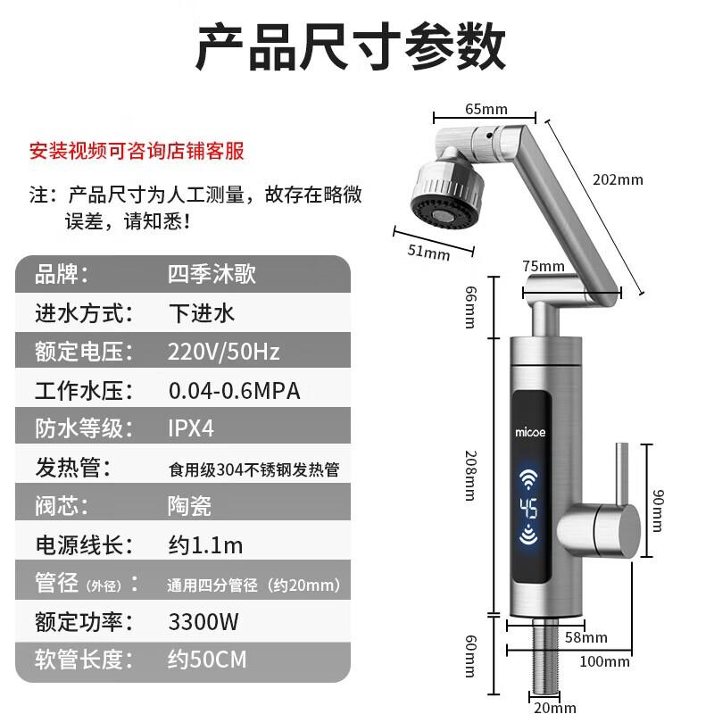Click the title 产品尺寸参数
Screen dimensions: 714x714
coord(351,47)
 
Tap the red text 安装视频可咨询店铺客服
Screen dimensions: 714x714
coord(137,150)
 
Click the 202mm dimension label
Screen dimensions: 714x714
coord(617,178)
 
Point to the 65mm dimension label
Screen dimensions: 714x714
coord(486,109)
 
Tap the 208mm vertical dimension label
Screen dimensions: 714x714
coord(470,474)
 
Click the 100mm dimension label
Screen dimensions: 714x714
coord(603,661)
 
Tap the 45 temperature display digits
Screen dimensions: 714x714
coord(529,510)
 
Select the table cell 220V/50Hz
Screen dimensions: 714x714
coord(223,351)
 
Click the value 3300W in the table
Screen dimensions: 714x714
coord(204,621)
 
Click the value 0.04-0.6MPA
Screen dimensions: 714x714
coord(234,390)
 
